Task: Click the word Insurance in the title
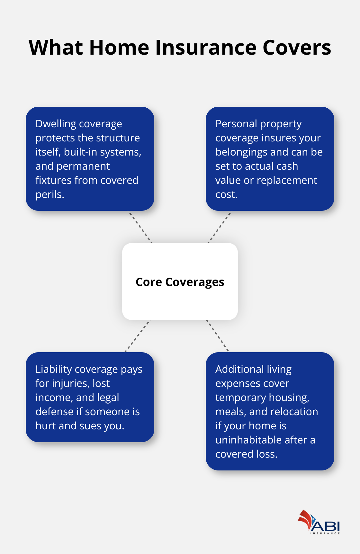point(206,48)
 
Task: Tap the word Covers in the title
point(297,48)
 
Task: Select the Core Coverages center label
point(180,282)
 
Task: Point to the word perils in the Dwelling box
point(50,194)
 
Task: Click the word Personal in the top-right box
point(236,124)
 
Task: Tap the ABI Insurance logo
point(319,522)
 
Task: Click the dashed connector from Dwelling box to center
point(140,227)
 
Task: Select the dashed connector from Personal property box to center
point(220,227)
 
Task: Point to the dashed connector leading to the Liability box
point(138,336)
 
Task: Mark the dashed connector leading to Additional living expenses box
point(218,336)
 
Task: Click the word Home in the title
point(119,48)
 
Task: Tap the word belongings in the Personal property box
point(240,152)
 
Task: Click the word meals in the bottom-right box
point(230,412)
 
